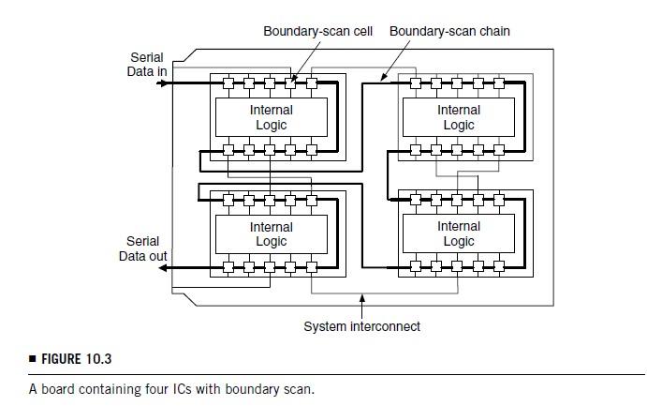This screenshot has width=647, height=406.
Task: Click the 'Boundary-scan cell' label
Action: (317, 31)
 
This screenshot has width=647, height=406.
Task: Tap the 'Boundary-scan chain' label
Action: (449, 31)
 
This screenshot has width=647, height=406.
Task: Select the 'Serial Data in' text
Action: (146, 65)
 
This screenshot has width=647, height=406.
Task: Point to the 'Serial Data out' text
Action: (143, 248)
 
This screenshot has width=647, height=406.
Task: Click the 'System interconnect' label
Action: (361, 326)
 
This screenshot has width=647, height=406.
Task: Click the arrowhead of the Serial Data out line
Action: (164, 268)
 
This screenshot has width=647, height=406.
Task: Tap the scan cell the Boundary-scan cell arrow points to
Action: (290, 83)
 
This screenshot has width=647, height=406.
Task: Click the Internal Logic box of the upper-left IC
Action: (272, 117)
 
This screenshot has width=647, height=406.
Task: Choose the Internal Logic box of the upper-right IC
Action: (459, 117)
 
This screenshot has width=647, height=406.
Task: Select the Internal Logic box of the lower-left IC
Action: (272, 234)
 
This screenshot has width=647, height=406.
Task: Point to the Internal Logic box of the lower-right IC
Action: (459, 234)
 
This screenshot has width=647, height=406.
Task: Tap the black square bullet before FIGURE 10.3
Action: (32, 358)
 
